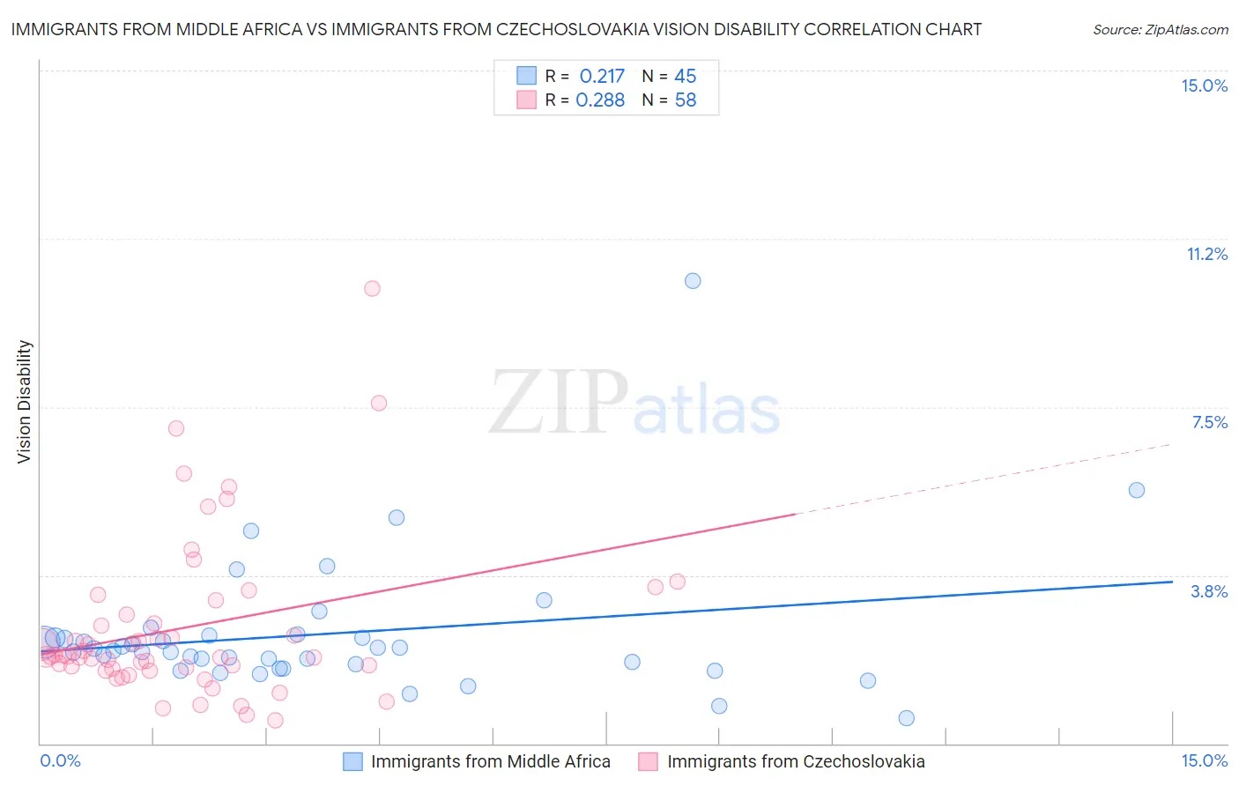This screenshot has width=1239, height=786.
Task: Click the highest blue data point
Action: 693,281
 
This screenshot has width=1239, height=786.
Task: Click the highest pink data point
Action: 372,288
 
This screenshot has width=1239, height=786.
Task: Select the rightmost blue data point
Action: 1137,490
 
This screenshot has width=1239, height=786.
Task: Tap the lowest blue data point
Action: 906,718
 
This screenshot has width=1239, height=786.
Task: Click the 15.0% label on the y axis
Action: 1204,85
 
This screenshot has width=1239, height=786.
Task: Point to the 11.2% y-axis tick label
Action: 1206,254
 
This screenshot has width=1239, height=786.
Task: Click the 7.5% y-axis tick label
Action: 1209,422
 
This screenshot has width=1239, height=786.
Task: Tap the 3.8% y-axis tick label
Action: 1209,591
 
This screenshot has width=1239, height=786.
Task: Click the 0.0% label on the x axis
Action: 60,760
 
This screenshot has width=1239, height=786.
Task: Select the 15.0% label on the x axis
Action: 1204,760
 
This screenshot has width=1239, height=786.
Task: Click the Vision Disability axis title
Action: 25,402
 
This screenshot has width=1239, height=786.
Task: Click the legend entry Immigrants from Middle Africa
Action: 490,761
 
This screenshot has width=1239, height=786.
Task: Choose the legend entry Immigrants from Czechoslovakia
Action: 796,761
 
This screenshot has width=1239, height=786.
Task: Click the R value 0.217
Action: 602,77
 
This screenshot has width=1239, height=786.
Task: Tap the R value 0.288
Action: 600,100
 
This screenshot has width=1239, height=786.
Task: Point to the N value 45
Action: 685,77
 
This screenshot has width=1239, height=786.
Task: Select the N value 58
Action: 685,100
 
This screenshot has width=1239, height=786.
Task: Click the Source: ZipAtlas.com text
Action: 1160,30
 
